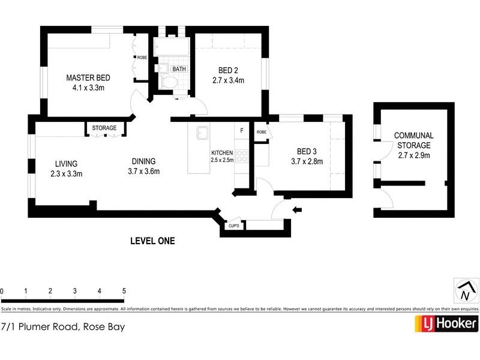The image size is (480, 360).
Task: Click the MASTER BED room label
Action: tap(88, 78)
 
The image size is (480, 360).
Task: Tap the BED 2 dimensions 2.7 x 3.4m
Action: tap(228, 79)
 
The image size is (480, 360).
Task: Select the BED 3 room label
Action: tap(310, 151)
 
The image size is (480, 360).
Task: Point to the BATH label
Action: tap(179, 69)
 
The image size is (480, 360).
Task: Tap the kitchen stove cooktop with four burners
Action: tap(242, 157)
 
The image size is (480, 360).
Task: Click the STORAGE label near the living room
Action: tap(104, 128)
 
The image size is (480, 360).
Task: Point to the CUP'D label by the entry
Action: tap(234, 226)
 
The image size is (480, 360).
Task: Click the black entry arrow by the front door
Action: tap(298, 209)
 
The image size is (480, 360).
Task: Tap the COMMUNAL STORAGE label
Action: tap(413, 140)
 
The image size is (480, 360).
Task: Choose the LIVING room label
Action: tap(66, 164)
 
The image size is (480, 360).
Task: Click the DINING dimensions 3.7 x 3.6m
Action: tap(143, 172)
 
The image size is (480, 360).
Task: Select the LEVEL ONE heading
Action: tap(152, 241)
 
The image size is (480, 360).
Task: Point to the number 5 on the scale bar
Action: tap(124, 291)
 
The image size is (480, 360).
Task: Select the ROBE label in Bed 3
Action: tap(262, 132)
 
